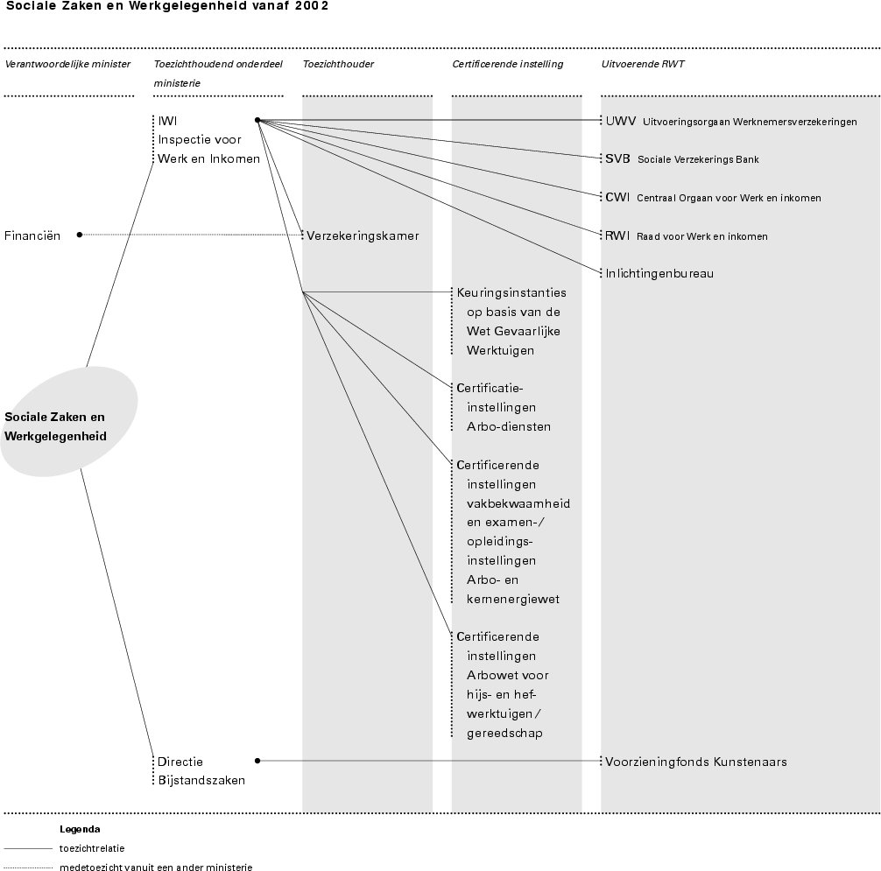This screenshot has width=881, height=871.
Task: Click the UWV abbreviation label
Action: coord(621,122)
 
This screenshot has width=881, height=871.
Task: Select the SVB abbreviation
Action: coord(617,159)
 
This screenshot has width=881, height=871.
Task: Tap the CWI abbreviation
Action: coord(617,197)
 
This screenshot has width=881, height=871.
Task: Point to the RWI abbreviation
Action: coord(617,235)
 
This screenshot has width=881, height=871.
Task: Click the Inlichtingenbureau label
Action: coord(659,273)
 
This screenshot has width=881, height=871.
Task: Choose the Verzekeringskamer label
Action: coord(363,235)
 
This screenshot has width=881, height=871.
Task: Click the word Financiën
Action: coord(32,235)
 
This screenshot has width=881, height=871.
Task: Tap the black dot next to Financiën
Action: coord(80,235)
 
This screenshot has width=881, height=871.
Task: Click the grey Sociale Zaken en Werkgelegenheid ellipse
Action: coord(68,421)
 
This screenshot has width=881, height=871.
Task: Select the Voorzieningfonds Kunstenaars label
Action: coord(695,762)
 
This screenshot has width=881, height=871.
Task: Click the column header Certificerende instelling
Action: coord(507,64)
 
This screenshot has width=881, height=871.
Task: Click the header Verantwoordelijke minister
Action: coord(67,64)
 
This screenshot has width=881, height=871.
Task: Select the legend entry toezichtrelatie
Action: coord(92,848)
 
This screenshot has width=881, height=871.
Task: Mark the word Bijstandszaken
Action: coord(201,780)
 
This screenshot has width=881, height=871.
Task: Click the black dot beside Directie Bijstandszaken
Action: coord(257,761)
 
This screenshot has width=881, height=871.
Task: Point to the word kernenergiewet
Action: coord(513,599)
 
